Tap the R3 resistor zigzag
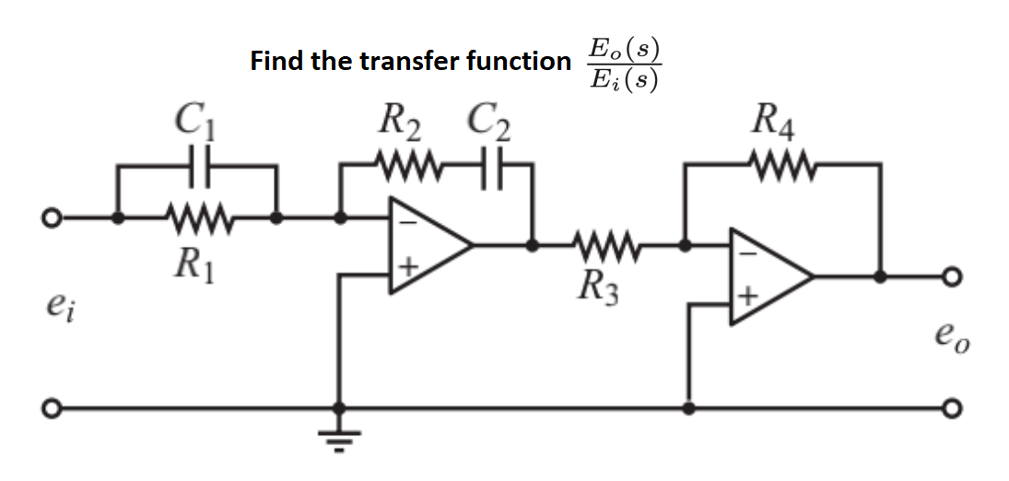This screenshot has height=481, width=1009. (x=600, y=246)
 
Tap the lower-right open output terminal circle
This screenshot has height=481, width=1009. (x=953, y=407)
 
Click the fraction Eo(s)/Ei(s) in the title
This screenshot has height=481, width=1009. (x=624, y=65)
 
